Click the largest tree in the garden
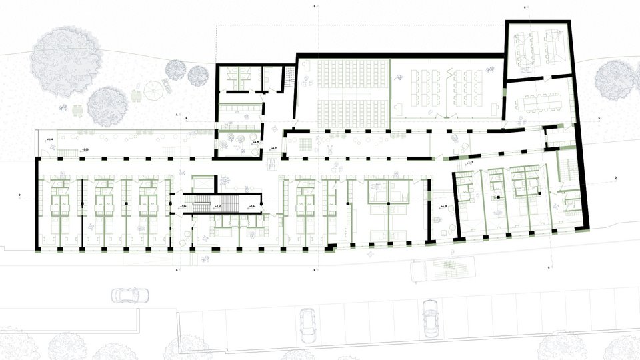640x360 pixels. pos(66,61)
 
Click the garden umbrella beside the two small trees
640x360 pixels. pos(152,89)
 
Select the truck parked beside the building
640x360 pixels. pos(443,269)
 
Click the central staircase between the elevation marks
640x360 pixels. pos(228,203)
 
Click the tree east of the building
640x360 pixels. pos(614,80)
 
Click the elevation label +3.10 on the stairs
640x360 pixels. pos(218,207)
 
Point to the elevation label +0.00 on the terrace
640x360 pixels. pos(85,150)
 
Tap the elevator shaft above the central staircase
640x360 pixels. pos(203,183)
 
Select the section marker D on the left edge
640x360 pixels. pos(19,195)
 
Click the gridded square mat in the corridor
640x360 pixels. pos(305,144)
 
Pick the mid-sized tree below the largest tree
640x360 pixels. pos(107,106)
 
